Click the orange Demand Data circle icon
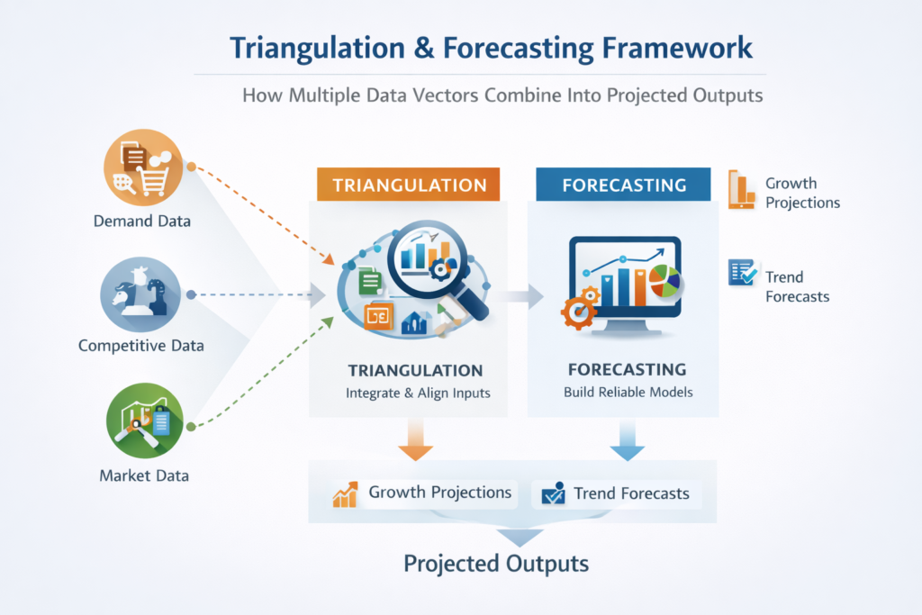[143, 167]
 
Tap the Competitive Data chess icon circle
[140, 294]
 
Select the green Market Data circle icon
[145, 421]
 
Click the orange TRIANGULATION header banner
[409, 185]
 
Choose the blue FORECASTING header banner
[623, 185]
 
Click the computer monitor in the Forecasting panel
[625, 285]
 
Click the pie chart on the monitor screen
[664, 280]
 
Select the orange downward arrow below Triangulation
[416, 439]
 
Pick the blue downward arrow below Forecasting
[628, 439]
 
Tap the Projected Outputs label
[496, 564]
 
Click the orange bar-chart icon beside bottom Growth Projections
[345, 494]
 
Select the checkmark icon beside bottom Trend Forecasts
[553, 493]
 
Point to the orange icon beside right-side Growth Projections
[741, 190]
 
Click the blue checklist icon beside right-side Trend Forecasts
[743, 273]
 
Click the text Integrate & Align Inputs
[418, 393]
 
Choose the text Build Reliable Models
[628, 393]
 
